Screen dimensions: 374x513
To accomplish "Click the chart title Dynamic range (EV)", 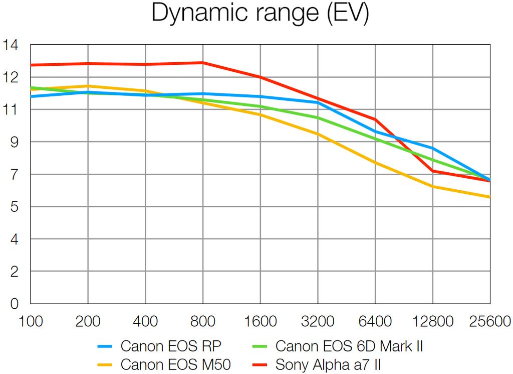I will pyautogui.click(x=260, y=14).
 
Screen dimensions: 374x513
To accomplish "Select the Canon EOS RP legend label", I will pyautogui.click(x=171, y=346).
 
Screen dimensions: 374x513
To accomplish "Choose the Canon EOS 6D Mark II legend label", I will pyautogui.click(x=350, y=346).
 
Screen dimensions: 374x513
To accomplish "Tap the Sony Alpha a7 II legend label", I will pyautogui.click(x=331, y=364).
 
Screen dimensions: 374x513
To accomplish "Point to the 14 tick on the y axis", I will pyautogui.click(x=11, y=45).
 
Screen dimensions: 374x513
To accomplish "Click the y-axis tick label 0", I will pyautogui.click(x=14, y=304).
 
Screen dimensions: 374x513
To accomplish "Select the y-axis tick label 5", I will pyautogui.click(x=14, y=207).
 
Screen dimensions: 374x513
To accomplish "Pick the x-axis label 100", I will pyautogui.click(x=31, y=320).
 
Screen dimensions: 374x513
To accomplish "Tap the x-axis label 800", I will pyautogui.click(x=203, y=320).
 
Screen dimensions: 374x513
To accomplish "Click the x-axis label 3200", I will pyautogui.click(x=318, y=320).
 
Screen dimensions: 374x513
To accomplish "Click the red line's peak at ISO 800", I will pyautogui.click(x=203, y=63).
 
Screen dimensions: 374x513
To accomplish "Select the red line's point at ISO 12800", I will pyautogui.click(x=432, y=171).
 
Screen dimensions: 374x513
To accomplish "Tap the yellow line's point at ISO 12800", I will pyautogui.click(x=432, y=187).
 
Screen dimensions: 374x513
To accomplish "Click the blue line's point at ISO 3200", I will pyautogui.click(x=318, y=102).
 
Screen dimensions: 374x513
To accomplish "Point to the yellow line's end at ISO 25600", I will pyautogui.click(x=489, y=197).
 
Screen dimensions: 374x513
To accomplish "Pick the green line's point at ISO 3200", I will pyautogui.click(x=318, y=118).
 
